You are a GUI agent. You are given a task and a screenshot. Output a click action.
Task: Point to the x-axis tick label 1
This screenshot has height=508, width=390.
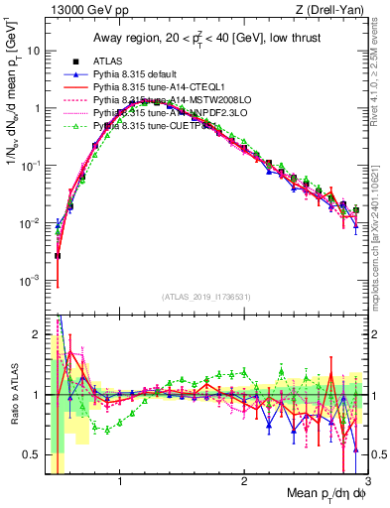120,483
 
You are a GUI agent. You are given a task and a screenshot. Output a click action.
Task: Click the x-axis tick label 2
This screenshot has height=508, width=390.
244,483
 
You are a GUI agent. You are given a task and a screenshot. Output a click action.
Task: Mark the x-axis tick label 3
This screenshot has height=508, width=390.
367,483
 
